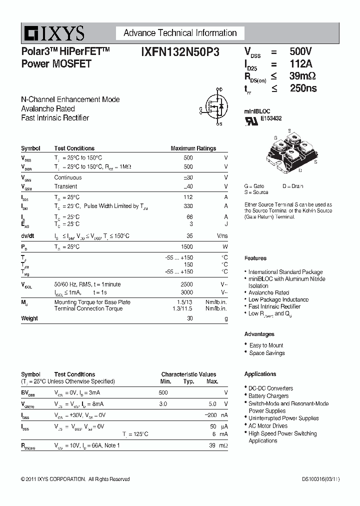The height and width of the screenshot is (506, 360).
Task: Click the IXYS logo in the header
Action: coord(53,34)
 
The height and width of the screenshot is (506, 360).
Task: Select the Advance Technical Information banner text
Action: coord(180,33)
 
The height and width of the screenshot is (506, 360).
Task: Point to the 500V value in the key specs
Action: coord(300,51)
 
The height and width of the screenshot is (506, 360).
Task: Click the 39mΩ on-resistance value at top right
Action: coord(302,76)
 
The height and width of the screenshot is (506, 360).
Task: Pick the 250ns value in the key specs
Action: coord(303,88)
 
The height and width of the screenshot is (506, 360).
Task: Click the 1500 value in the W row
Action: coord(186,247)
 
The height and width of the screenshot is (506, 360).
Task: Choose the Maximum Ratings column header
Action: coord(193,148)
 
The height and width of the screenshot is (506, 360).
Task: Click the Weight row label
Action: coord(29,318)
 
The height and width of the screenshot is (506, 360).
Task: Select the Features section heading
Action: coord(255,258)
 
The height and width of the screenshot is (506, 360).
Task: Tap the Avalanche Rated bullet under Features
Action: coord(268,293)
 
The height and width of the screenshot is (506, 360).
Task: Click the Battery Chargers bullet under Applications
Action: coord(268,396)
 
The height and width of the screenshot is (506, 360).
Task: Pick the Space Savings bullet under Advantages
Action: coord(267,353)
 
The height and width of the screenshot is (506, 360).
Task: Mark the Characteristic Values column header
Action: coord(188,374)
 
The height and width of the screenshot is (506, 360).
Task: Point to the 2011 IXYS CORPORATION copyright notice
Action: coord(75,479)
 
